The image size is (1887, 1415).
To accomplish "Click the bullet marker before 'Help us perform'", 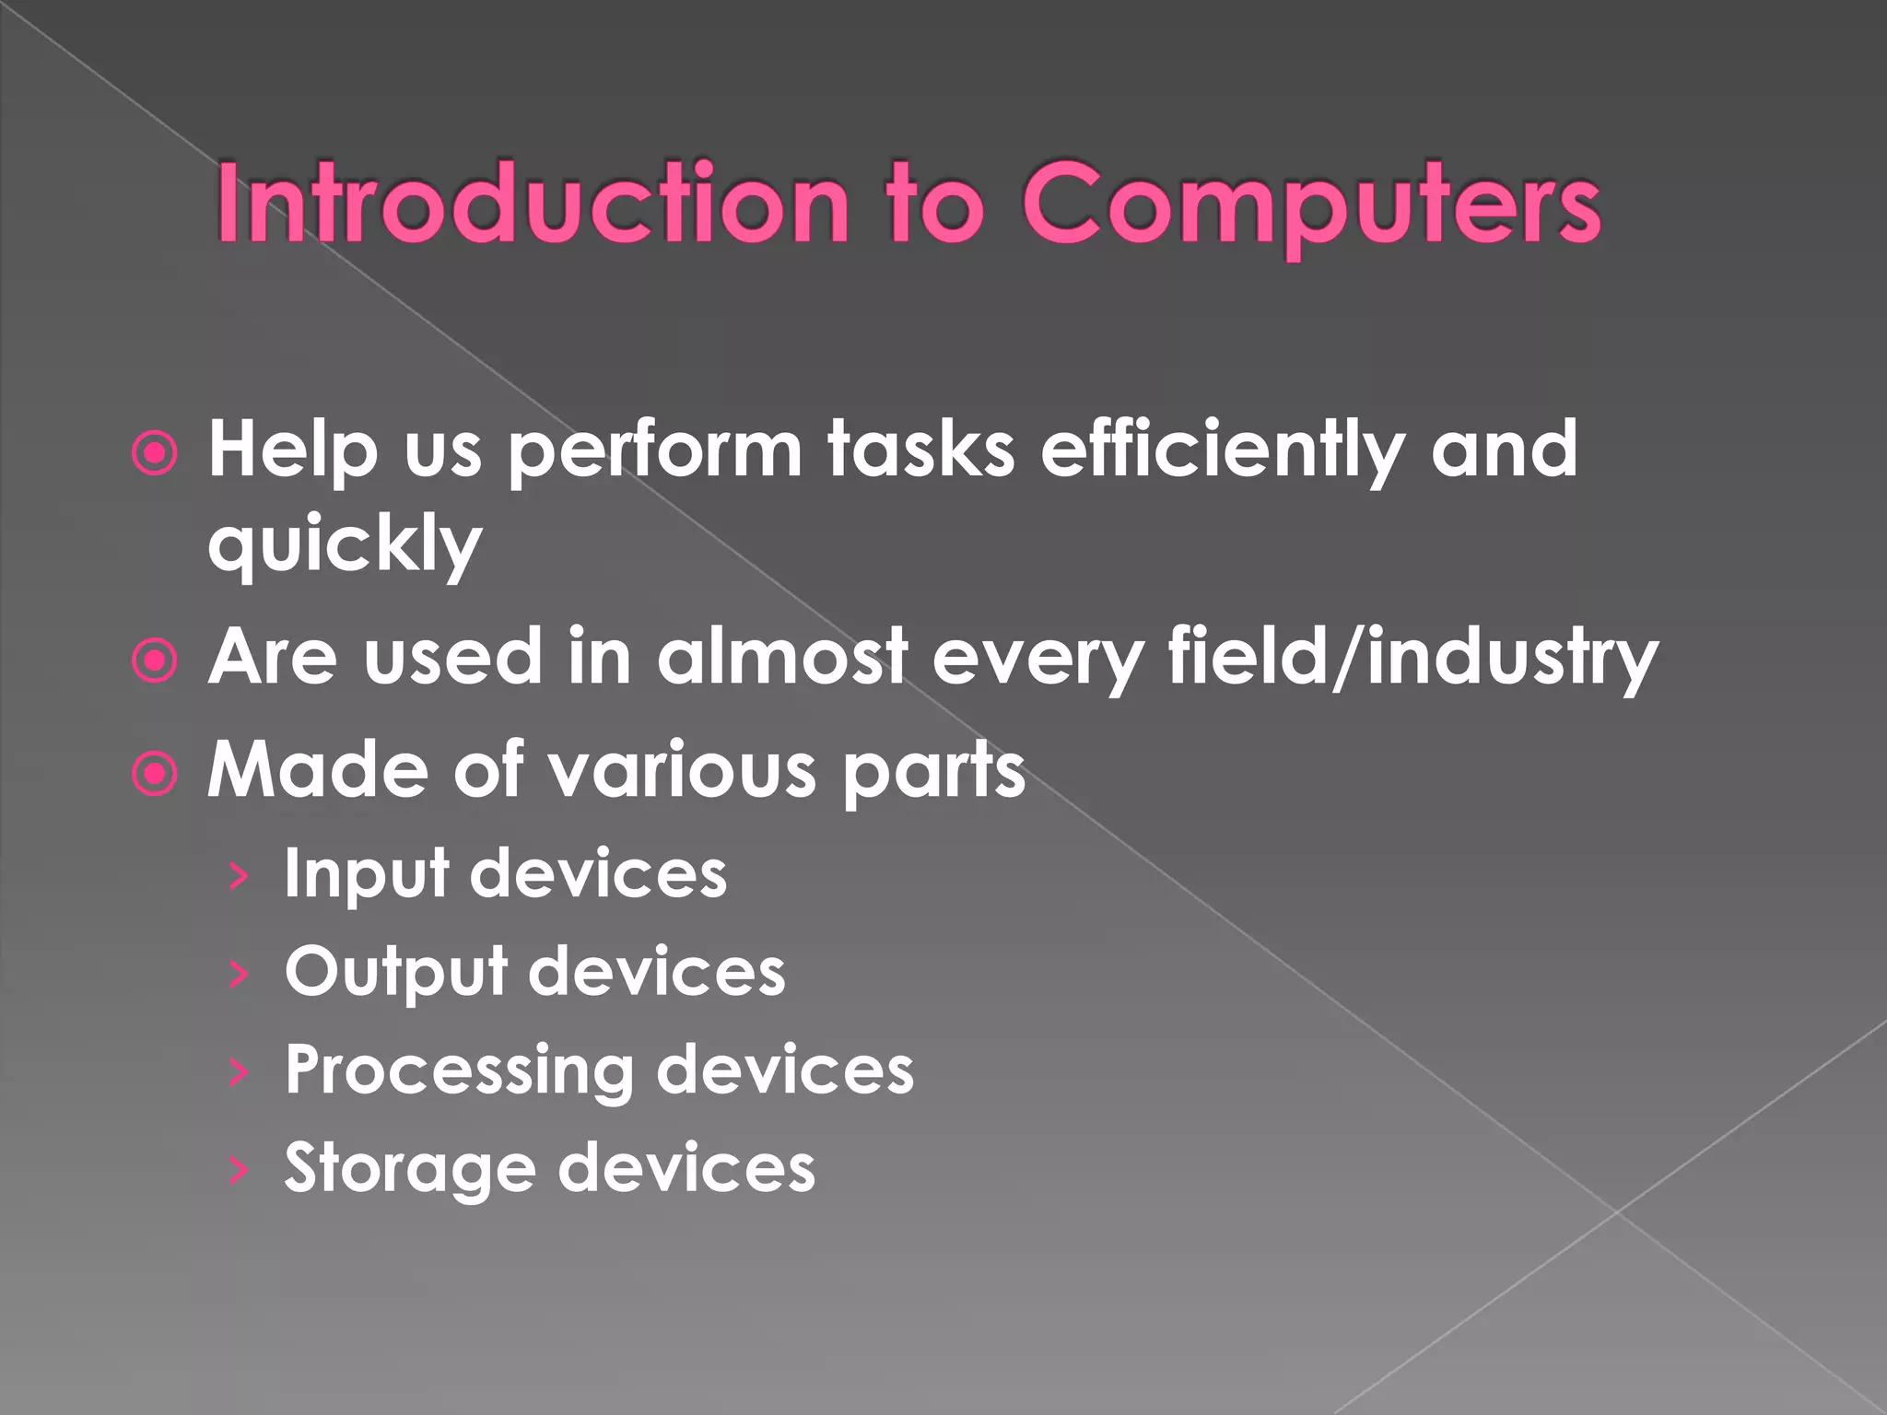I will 154,453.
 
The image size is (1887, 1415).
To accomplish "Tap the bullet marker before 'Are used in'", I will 154,661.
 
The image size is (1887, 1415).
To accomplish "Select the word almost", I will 781,656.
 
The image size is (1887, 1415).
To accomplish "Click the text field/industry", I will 1412,658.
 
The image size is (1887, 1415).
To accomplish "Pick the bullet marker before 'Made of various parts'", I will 154,774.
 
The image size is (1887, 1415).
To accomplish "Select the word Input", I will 365,875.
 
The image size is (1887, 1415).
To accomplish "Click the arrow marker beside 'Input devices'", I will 239,876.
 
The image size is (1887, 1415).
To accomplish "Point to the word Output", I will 395,972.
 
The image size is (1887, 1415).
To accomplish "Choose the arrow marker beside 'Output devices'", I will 239,974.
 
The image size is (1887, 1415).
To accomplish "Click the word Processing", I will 459,1071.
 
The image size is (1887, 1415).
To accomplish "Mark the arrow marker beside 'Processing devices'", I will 239,1072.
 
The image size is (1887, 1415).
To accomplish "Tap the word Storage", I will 409,1169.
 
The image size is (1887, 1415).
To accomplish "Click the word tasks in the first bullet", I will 920,451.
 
